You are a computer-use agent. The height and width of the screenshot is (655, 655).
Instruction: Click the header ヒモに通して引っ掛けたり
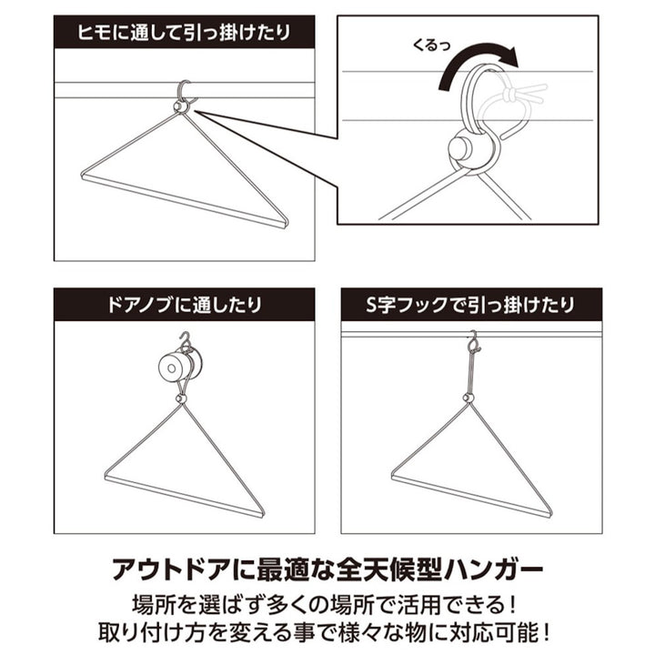[184, 33]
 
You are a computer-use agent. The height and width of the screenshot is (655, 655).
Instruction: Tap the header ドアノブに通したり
[184, 305]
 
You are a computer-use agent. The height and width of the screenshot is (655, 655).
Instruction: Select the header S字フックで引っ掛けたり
[471, 305]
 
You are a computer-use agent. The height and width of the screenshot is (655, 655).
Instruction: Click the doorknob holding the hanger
[174, 367]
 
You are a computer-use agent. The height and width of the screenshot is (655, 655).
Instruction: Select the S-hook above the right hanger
[473, 343]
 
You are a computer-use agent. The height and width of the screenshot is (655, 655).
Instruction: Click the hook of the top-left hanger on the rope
[185, 92]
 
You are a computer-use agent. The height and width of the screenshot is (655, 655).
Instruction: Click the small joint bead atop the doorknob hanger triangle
[182, 398]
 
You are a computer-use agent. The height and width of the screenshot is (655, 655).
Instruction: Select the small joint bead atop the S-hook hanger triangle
[469, 398]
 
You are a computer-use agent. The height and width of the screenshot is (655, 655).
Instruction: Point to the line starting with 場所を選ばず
[327, 603]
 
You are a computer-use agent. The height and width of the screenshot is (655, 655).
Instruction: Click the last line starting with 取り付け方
[327, 631]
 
